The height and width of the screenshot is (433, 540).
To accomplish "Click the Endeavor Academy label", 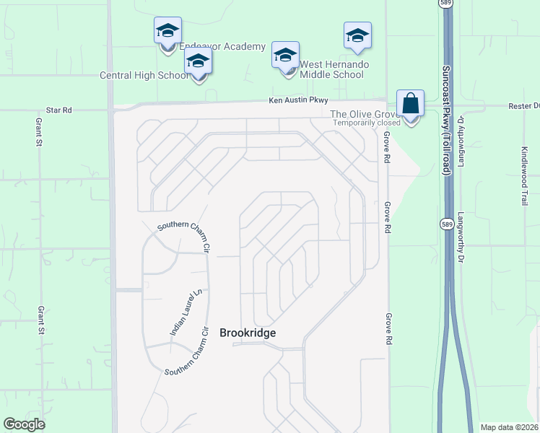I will coord(222,46).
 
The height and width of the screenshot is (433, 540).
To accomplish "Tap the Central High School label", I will coord(143,74).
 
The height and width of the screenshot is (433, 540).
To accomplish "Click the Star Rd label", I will coord(58,110).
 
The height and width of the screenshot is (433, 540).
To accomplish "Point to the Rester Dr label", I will coord(525,105).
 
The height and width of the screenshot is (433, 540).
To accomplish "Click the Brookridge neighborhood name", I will coord(248,333).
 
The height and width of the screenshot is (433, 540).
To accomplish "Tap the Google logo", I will coord(24,424).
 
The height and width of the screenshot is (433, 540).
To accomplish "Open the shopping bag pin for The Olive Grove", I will coord(410,105).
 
